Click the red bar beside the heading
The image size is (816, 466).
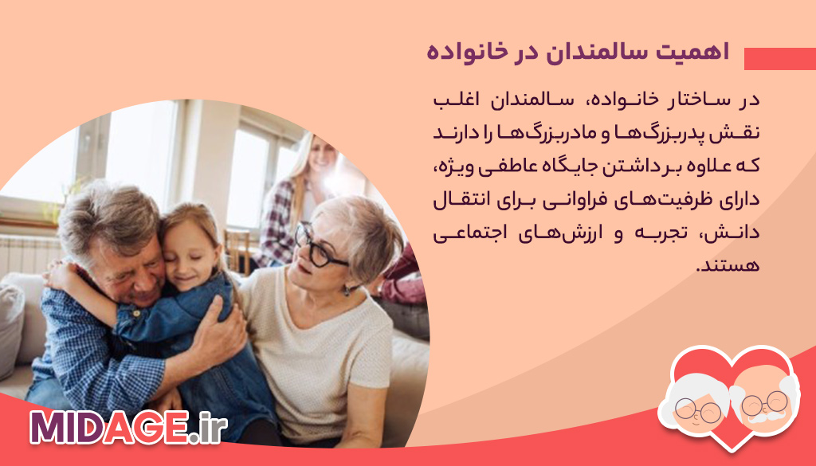(779, 59)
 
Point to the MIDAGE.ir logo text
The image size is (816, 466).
(128, 428)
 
